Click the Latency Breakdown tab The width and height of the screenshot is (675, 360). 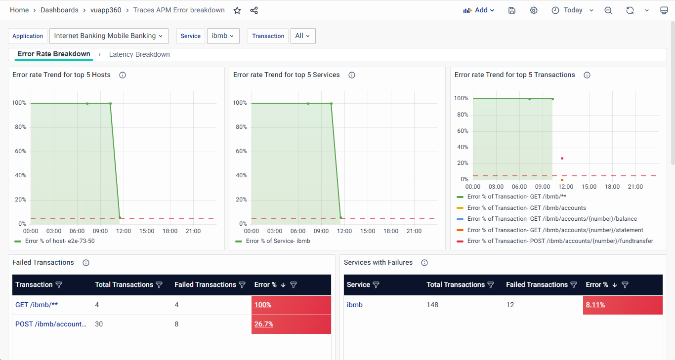tap(139, 54)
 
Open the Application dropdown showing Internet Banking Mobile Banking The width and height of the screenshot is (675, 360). tap(109, 36)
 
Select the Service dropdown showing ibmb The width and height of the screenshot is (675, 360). tap(223, 36)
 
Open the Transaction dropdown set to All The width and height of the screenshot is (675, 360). tap(302, 36)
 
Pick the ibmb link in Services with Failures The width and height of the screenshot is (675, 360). tap(355, 305)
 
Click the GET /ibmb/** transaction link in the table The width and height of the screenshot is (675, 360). tap(37, 305)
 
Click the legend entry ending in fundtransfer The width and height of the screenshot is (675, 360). tap(560, 241)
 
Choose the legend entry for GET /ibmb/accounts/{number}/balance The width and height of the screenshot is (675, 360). tap(551, 219)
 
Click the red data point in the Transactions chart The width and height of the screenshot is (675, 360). tap(562, 159)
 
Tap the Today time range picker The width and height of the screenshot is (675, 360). tap(573, 10)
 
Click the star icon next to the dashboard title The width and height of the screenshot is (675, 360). tap(237, 10)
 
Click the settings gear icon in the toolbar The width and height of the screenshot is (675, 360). tap(534, 10)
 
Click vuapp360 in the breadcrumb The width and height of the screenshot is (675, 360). tap(106, 10)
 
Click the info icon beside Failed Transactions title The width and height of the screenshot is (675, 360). tap(86, 263)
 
